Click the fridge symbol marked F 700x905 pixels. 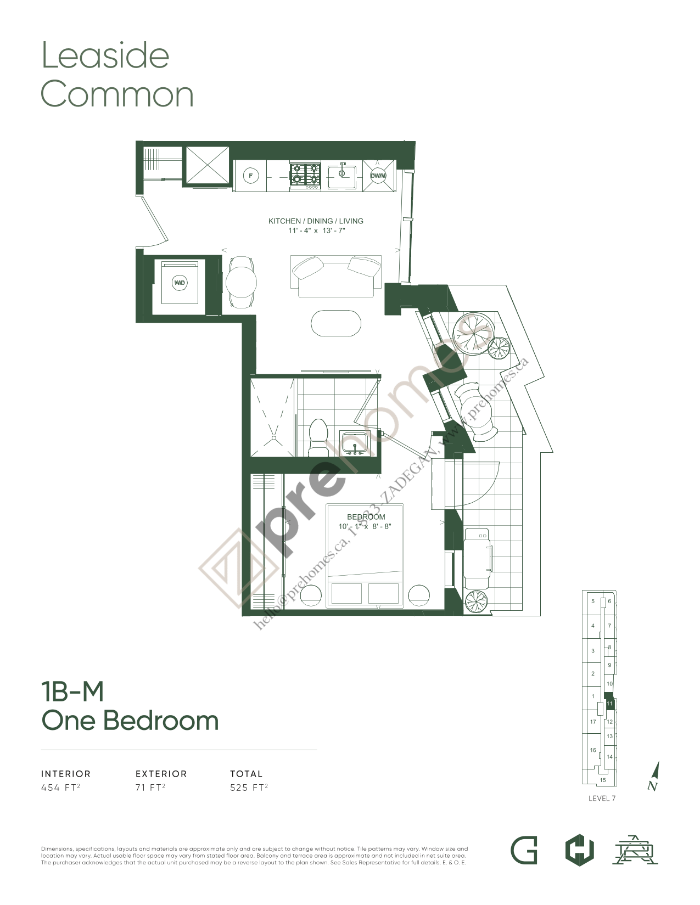coord(251,176)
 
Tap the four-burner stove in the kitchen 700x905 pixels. coord(305,174)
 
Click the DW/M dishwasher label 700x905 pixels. coord(378,176)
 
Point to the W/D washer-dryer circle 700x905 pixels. coord(180,283)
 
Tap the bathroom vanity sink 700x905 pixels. coord(354,443)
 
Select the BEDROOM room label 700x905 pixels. coord(366,517)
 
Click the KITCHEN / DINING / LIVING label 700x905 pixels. coord(316,221)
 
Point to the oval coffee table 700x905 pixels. coord(336,323)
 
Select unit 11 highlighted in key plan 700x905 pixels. coord(609,703)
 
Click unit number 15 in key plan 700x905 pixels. coord(603,780)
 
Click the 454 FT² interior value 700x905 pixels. coord(60,788)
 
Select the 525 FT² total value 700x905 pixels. coord(249,788)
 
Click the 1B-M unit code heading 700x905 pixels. coord(72,692)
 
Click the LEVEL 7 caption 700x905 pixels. coord(602,799)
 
